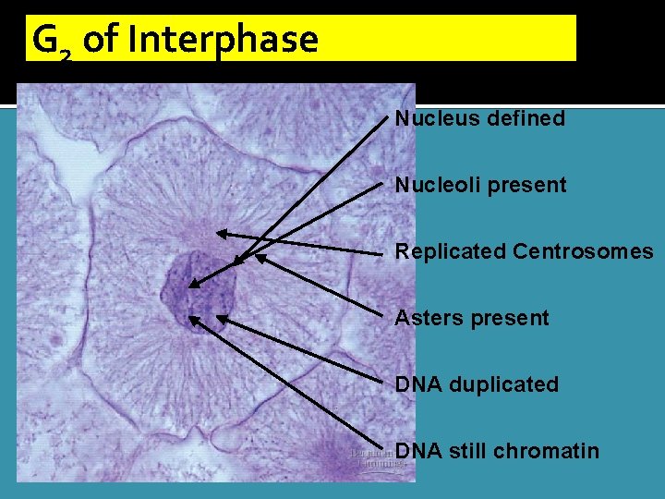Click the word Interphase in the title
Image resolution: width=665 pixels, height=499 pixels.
pos(223,40)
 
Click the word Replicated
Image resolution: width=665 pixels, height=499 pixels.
pos(451,251)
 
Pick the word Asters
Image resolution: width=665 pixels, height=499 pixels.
pos(422,318)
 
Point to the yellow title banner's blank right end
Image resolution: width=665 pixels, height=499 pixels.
pos(480,39)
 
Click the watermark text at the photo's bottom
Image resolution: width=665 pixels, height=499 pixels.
pos(377,458)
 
